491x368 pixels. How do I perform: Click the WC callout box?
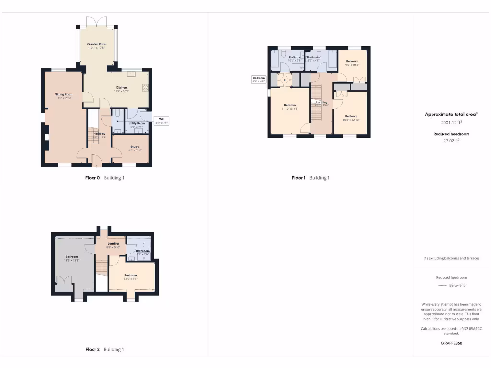point(161,121)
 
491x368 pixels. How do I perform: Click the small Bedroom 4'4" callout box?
point(258,80)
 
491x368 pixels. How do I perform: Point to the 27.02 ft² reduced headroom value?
point(452,141)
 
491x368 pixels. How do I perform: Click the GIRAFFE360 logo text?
point(452,343)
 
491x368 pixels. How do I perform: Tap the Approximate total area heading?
point(452,115)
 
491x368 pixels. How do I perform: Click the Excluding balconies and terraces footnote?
point(452,258)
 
